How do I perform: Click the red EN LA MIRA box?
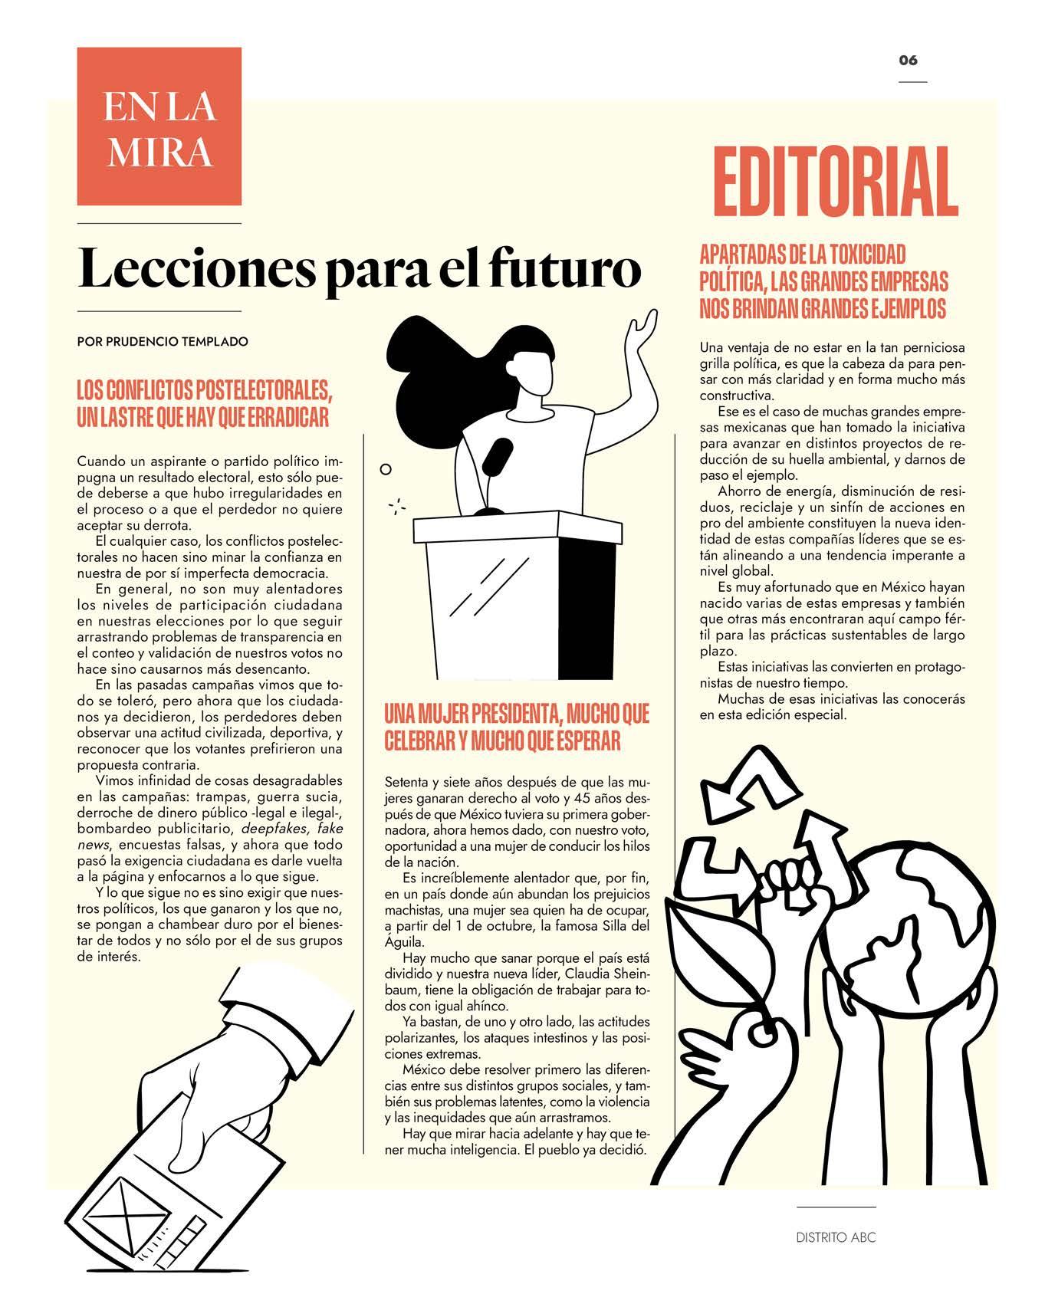pos(159,126)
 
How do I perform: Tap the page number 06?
pos(909,61)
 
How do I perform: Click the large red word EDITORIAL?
pos(836,183)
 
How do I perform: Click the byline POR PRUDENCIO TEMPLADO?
pos(163,342)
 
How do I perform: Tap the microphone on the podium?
pos(497,457)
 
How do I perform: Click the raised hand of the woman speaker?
pos(640,331)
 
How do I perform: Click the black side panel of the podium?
pos(588,606)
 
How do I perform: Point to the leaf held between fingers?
pos(713,958)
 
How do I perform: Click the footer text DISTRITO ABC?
pos(836,1237)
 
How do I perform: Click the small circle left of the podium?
pos(386,468)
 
